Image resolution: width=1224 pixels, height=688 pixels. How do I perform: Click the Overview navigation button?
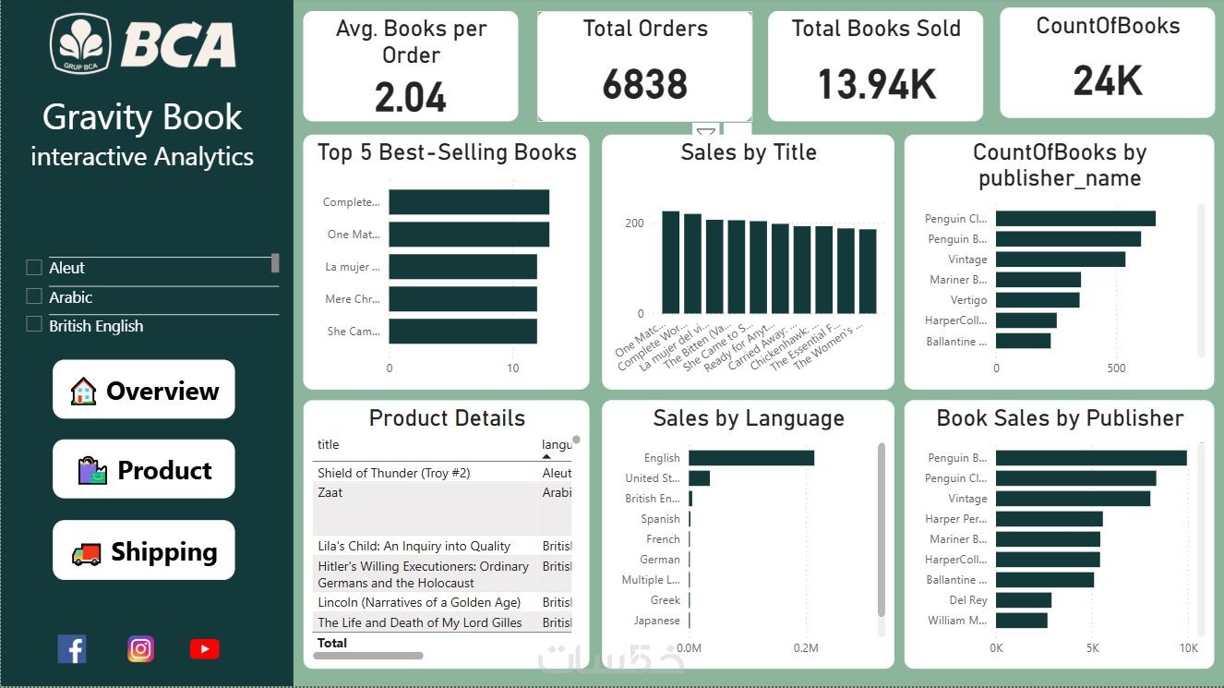[144, 391]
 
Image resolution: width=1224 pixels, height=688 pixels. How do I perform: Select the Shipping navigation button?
[144, 551]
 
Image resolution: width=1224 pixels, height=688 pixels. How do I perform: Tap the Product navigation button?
[144, 470]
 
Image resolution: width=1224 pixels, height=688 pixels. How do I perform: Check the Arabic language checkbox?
[34, 297]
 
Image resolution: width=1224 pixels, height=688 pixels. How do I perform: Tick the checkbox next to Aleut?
[34, 268]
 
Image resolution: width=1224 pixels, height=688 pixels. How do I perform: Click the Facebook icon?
[72, 649]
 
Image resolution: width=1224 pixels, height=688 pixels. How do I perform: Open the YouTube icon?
[204, 649]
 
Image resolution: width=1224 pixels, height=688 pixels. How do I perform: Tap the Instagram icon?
[140, 649]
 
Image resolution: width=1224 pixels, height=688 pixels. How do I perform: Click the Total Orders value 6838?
[645, 85]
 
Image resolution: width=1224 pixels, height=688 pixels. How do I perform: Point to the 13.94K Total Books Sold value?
[876, 85]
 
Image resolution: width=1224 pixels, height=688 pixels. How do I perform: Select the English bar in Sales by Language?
[750, 458]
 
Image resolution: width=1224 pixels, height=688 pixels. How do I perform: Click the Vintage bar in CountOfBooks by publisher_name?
[1060, 260]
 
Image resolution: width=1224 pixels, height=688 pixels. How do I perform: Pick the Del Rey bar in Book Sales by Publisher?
[1023, 600]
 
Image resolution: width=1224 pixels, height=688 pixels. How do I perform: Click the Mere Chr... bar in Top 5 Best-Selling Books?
[462, 299]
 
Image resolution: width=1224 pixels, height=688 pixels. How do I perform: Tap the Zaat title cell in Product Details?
[330, 493]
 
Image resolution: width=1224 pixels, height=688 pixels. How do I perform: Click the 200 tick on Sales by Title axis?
[634, 223]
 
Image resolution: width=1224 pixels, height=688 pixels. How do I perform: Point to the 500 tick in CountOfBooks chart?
[1116, 368]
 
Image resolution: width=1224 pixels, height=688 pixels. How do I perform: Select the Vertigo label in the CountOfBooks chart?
[968, 300]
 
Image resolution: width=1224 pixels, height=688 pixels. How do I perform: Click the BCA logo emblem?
[80, 43]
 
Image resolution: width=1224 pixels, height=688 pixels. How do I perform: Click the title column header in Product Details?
[329, 444]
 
